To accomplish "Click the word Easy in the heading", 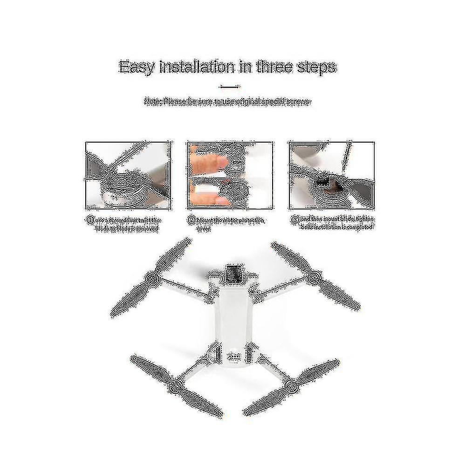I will tap(136, 66).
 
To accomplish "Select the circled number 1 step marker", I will tap(88, 219).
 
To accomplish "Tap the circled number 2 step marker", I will tap(191, 219).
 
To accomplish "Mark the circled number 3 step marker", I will tap(293, 219).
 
